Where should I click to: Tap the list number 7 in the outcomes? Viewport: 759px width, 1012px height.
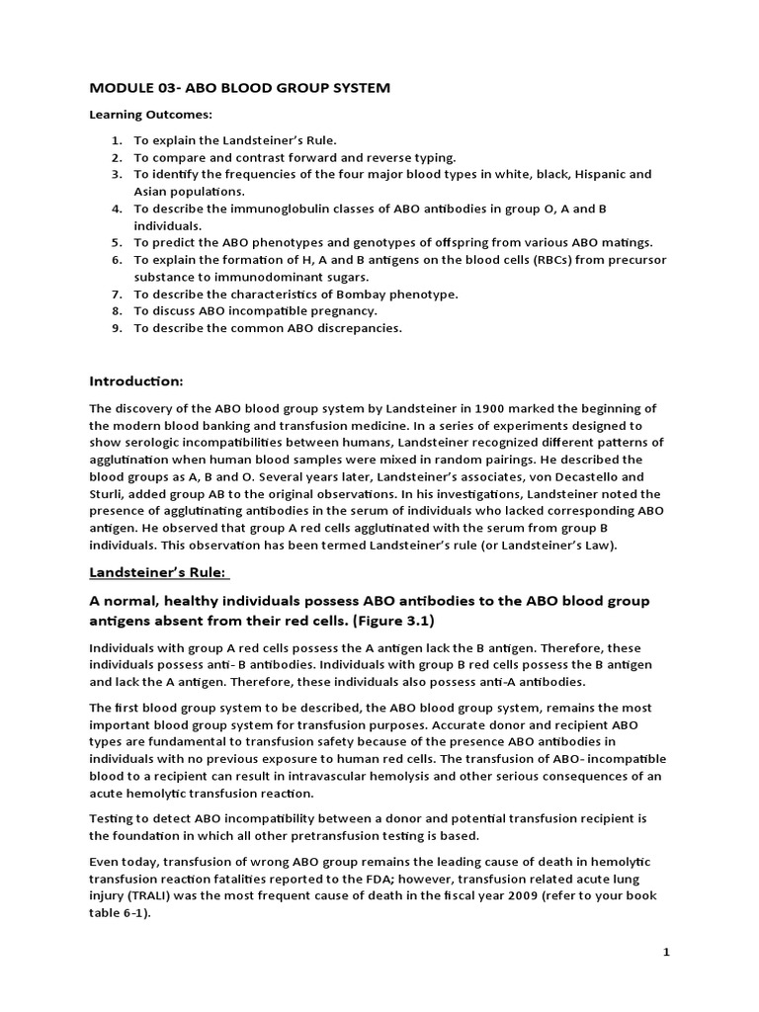[x=116, y=295]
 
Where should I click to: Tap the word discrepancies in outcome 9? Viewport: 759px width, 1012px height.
[x=360, y=328]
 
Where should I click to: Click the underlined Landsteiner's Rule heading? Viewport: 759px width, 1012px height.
[x=158, y=572]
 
